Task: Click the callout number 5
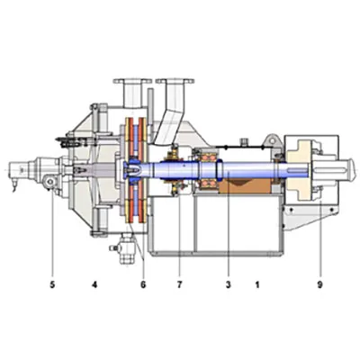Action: click(x=52, y=284)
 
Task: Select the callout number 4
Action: click(x=94, y=284)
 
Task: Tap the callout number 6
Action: click(x=143, y=284)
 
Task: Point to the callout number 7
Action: click(x=179, y=284)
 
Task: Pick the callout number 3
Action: click(x=229, y=284)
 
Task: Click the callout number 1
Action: click(x=257, y=284)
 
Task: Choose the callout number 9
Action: click(x=319, y=284)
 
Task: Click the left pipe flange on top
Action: click(x=132, y=81)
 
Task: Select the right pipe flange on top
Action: click(x=175, y=81)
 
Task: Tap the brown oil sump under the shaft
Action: click(x=246, y=186)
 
